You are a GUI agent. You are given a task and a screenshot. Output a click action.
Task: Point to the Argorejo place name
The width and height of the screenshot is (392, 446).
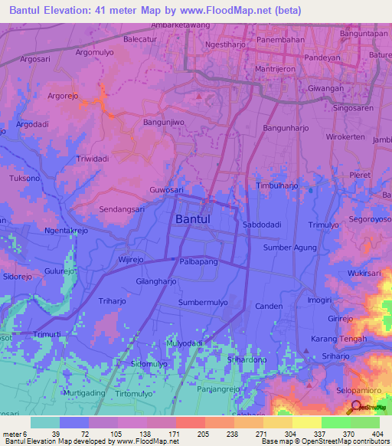(67, 97)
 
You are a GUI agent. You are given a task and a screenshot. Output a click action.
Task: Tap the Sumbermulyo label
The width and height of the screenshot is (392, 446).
(203, 303)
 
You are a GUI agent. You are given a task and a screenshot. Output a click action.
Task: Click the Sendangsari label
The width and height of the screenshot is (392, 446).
(123, 208)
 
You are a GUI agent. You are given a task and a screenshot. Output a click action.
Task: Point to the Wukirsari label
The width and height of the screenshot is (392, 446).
(364, 272)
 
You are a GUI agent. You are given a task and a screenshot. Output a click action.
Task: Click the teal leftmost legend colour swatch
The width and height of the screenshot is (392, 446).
(45, 422)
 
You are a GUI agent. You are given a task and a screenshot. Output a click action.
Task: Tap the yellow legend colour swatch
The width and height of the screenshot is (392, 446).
(306, 422)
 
